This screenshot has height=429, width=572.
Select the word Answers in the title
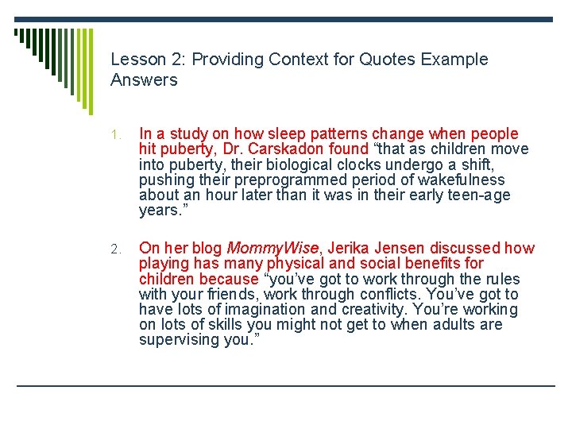(x=144, y=80)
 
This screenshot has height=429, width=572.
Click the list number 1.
(x=115, y=135)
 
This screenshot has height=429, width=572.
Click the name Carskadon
(x=285, y=149)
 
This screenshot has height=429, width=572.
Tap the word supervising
(x=179, y=339)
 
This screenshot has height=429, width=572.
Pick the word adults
(x=458, y=324)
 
